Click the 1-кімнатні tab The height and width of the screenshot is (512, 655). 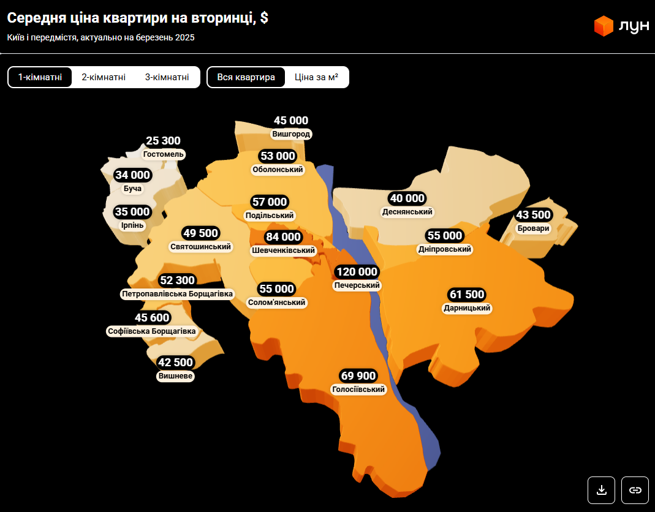[x=40, y=77]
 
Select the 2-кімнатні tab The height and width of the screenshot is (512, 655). [x=104, y=77]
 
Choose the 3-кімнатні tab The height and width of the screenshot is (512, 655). [x=167, y=77]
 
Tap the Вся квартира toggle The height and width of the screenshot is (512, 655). [x=246, y=77]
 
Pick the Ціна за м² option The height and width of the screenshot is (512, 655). [x=316, y=77]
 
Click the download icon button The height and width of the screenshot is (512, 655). [x=602, y=490]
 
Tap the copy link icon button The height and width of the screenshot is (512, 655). [x=635, y=490]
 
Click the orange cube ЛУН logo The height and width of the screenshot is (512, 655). [x=604, y=26]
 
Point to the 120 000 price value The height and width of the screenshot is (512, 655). [x=357, y=272]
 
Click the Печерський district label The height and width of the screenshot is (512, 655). [x=357, y=285]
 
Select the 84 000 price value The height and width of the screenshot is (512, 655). [x=283, y=237]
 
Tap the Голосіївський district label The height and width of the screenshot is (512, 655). [x=358, y=390]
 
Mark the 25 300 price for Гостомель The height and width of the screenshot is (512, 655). [x=164, y=141]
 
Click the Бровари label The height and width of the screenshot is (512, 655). [x=533, y=228]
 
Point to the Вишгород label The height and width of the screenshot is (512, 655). [x=291, y=134]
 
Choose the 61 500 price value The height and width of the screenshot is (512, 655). [x=467, y=295]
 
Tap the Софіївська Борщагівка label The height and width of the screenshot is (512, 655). [x=151, y=331]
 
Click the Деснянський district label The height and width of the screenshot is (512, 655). [x=407, y=212]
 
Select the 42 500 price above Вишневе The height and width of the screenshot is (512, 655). [x=176, y=362]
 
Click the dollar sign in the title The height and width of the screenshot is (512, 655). [x=264, y=18]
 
